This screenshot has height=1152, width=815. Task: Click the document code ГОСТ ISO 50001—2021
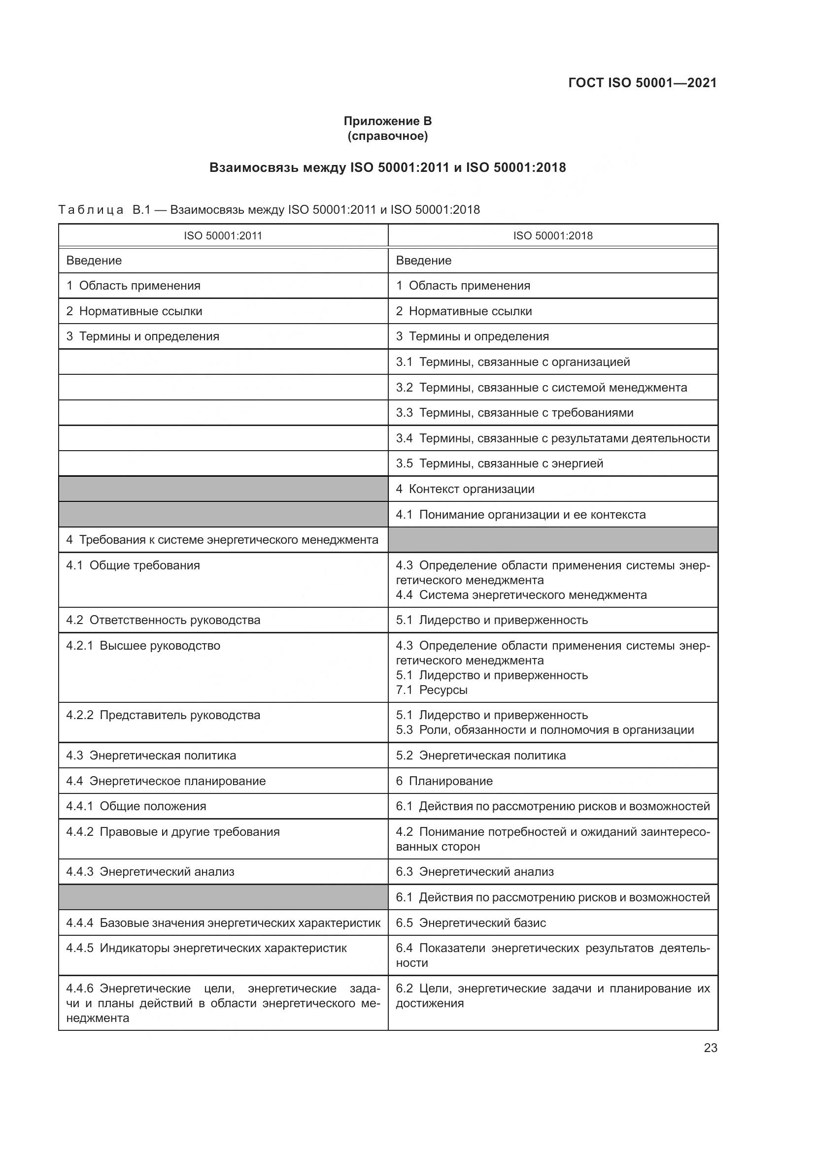point(642,83)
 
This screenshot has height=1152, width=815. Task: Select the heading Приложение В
point(387,121)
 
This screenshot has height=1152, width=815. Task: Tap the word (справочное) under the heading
point(387,136)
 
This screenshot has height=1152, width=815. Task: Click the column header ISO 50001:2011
point(223,236)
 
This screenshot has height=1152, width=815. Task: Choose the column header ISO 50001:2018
point(552,236)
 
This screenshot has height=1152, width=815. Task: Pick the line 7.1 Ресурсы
point(432,690)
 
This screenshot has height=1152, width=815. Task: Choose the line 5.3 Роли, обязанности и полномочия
point(544,730)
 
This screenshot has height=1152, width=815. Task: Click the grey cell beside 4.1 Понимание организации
point(223,514)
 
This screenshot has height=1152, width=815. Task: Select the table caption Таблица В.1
point(269,210)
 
